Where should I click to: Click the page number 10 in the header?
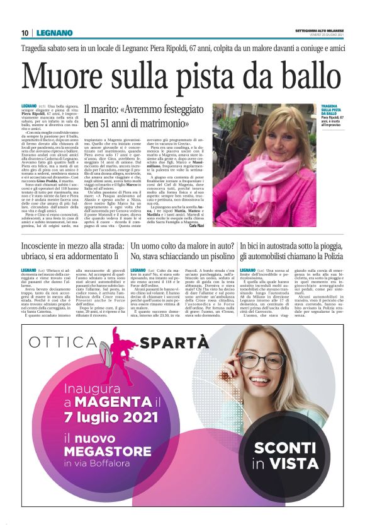click(x=24, y=33)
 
